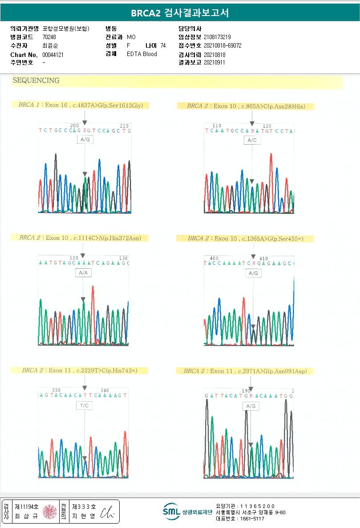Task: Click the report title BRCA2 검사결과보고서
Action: (x=180, y=13)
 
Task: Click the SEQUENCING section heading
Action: (x=36, y=81)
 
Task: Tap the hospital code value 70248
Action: (x=49, y=37)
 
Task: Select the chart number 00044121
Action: (x=53, y=54)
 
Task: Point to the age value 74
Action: (x=163, y=45)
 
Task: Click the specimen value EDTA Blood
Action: (x=142, y=54)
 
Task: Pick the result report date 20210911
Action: (x=214, y=63)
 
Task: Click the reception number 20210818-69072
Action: (x=222, y=45)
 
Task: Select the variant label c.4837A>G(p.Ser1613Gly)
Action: (x=108, y=105)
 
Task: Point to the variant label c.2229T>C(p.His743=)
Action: (x=110, y=370)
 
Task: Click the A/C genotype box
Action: (x=252, y=141)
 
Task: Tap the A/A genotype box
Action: (x=83, y=273)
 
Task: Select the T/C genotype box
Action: (x=84, y=406)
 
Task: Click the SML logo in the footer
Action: (x=171, y=512)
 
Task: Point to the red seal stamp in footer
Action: (x=50, y=512)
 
